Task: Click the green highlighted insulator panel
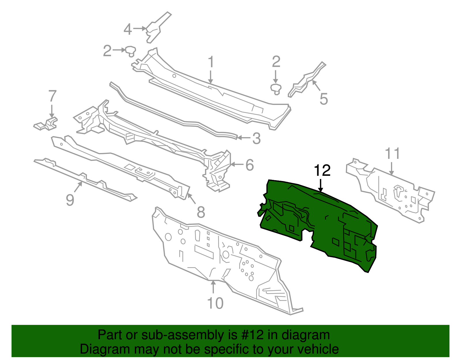[323, 225]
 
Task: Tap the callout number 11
[393, 154]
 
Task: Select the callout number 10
[215, 303]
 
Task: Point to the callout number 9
[70, 200]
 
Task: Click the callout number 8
[201, 212]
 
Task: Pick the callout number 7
[52, 96]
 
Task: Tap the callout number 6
[250, 165]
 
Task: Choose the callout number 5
[324, 99]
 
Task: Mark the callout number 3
[256, 138]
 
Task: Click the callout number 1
[211, 62]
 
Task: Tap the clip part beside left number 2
[131, 51]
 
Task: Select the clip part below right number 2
[276, 88]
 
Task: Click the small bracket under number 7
[46, 124]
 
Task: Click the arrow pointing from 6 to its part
[237, 165]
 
